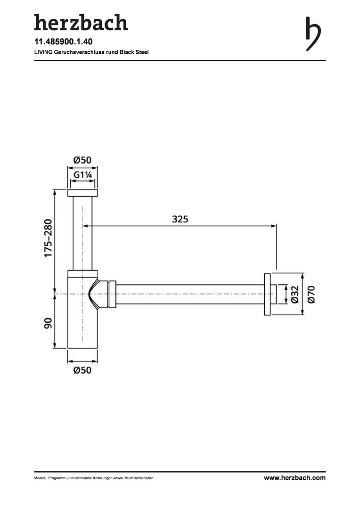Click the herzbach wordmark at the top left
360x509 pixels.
[x=81, y=23]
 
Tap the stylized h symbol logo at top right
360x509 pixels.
[x=313, y=34]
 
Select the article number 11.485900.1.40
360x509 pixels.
[x=63, y=42]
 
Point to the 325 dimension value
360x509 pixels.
[x=180, y=219]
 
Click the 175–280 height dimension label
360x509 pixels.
[x=48, y=238]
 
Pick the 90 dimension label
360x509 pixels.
[x=48, y=323]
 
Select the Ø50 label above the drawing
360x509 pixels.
[x=82, y=160]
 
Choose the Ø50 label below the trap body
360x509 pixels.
[x=82, y=370]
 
